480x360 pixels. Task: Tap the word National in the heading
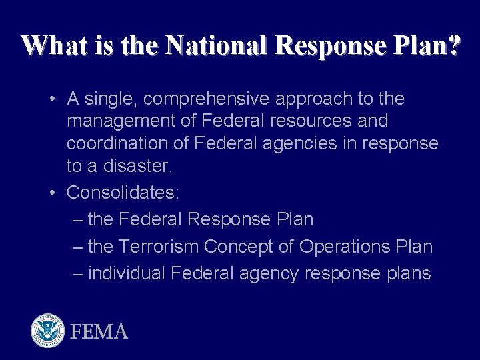point(217,45)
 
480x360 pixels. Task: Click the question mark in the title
point(453,45)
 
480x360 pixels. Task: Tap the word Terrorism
point(159,247)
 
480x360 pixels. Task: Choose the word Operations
point(343,247)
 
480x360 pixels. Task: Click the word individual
point(127,273)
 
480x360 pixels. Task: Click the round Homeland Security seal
point(47,331)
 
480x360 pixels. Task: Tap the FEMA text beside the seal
point(99,331)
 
